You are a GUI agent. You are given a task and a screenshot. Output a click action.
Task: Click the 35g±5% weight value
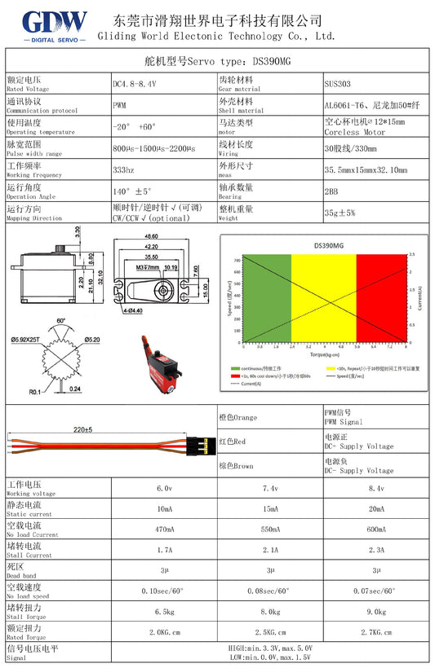tap(340, 213)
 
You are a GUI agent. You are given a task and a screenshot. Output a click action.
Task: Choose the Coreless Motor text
tap(354, 132)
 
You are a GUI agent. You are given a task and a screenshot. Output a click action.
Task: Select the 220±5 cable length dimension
tap(82, 428)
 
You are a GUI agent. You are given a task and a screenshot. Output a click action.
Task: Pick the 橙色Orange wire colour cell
tap(237, 418)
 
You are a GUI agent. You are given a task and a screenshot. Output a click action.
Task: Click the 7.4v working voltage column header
tap(269, 488)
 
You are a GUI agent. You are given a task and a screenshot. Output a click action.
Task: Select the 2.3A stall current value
tap(376, 550)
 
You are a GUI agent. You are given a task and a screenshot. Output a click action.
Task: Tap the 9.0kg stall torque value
tap(376, 611)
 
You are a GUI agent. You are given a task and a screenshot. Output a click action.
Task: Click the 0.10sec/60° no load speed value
tap(163, 591)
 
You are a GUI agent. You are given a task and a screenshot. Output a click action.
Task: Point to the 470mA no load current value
tap(163, 530)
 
